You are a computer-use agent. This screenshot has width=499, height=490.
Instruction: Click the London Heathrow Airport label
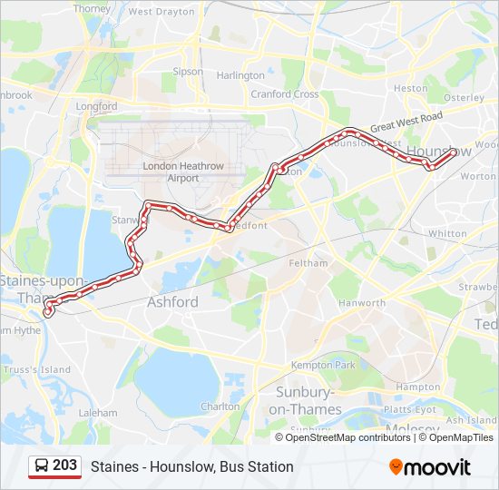coord(171,171)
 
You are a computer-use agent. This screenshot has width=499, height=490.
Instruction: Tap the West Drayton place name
coord(161,12)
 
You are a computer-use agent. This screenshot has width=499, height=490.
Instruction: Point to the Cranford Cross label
coord(284,93)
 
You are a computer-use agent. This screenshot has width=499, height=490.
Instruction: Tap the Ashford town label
coord(172,301)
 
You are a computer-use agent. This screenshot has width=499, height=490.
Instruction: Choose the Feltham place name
coord(308,262)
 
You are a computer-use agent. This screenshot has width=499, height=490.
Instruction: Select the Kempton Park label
coord(323,365)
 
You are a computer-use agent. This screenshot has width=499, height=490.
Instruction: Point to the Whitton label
coord(446,233)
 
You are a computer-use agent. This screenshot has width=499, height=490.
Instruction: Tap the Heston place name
coord(410,88)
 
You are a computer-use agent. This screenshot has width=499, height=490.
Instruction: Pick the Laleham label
coord(98,412)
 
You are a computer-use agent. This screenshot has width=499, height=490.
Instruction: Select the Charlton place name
coord(220,407)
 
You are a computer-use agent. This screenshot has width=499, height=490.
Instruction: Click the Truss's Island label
coord(36,369)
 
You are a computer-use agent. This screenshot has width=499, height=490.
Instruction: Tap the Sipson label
coord(188,71)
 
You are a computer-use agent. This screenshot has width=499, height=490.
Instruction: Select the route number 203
coord(64,465)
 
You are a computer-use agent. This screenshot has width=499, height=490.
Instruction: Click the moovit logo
coord(430,466)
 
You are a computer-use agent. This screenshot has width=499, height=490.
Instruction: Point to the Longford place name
coord(97,106)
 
